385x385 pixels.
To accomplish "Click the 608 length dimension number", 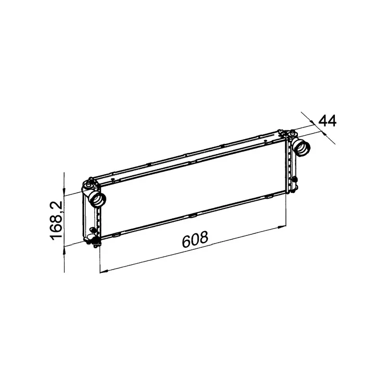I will point(195,239).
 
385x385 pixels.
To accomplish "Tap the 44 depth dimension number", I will point(327,120).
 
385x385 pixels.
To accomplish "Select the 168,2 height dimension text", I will point(56,220).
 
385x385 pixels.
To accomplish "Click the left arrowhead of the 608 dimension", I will point(102,271).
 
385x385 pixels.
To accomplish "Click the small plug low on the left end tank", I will point(93,229).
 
